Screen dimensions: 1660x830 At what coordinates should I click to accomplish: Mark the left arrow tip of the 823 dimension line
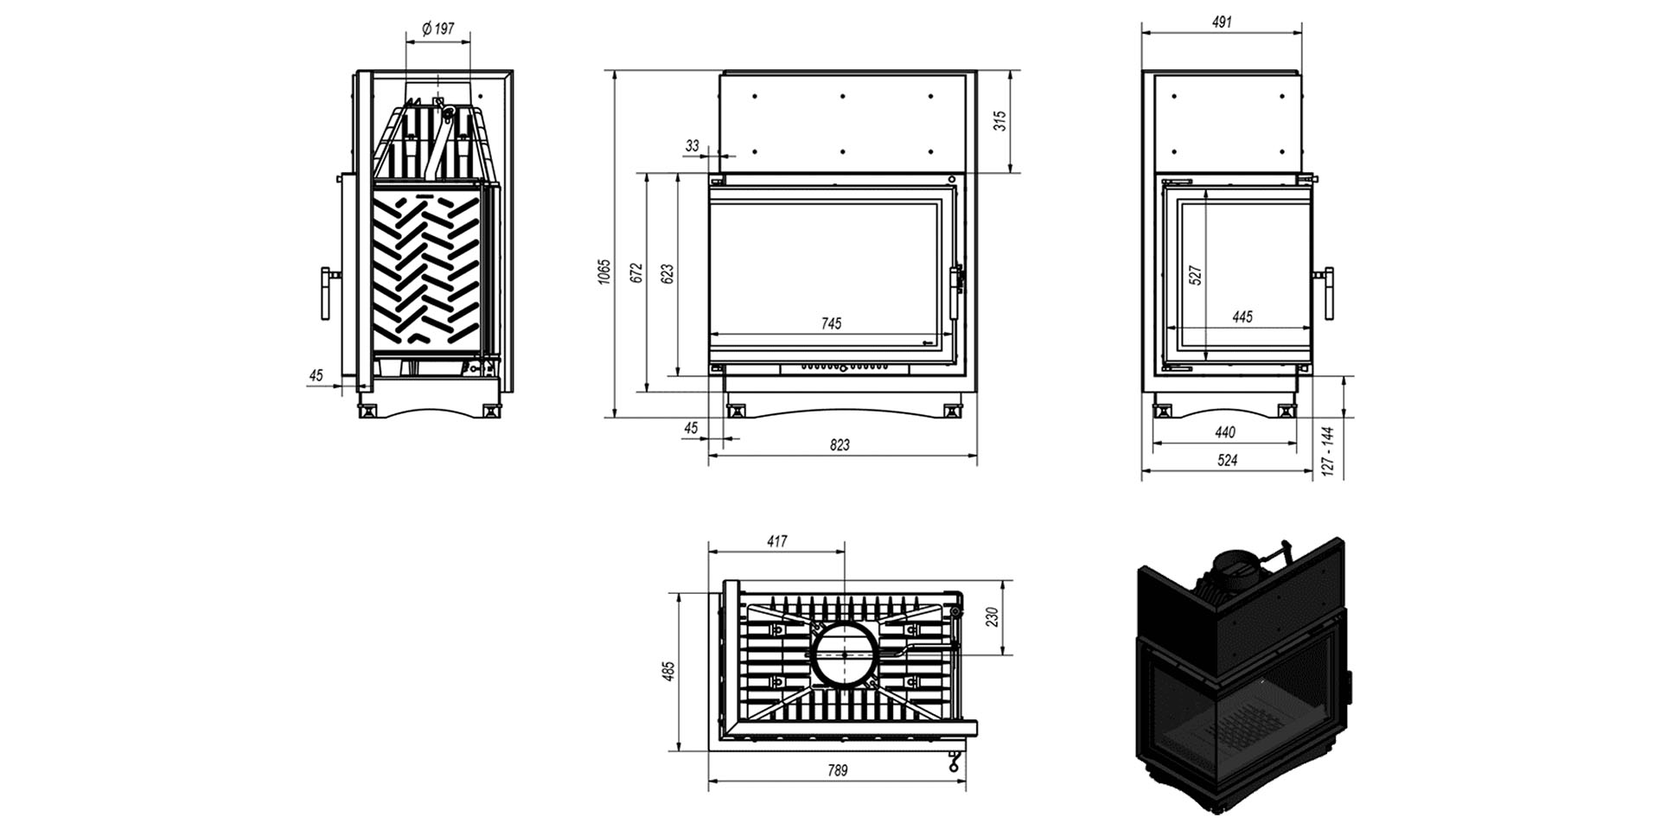pyautogui.click(x=709, y=455)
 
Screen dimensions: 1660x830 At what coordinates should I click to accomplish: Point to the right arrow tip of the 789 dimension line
pyautogui.click(x=966, y=781)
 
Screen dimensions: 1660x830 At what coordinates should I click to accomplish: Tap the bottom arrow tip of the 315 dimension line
pyautogui.click(x=1011, y=174)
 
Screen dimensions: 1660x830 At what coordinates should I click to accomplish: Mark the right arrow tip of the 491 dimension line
pyautogui.click(x=1302, y=33)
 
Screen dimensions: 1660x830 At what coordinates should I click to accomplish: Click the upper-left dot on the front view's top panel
pyautogui.click(x=754, y=95)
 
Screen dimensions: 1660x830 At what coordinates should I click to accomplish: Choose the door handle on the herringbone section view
pyautogui.click(x=329, y=293)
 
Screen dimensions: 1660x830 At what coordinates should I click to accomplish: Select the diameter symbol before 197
pyautogui.click(x=427, y=29)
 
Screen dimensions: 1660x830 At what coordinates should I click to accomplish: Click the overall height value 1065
pyautogui.click(x=603, y=271)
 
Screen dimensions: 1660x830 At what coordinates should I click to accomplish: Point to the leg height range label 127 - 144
pyautogui.click(x=1328, y=450)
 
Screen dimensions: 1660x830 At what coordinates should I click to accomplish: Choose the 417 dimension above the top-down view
pyautogui.click(x=776, y=541)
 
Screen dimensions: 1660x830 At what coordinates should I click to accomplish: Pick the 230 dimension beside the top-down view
pyautogui.click(x=992, y=616)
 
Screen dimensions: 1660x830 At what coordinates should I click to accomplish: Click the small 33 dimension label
pyautogui.click(x=692, y=146)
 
